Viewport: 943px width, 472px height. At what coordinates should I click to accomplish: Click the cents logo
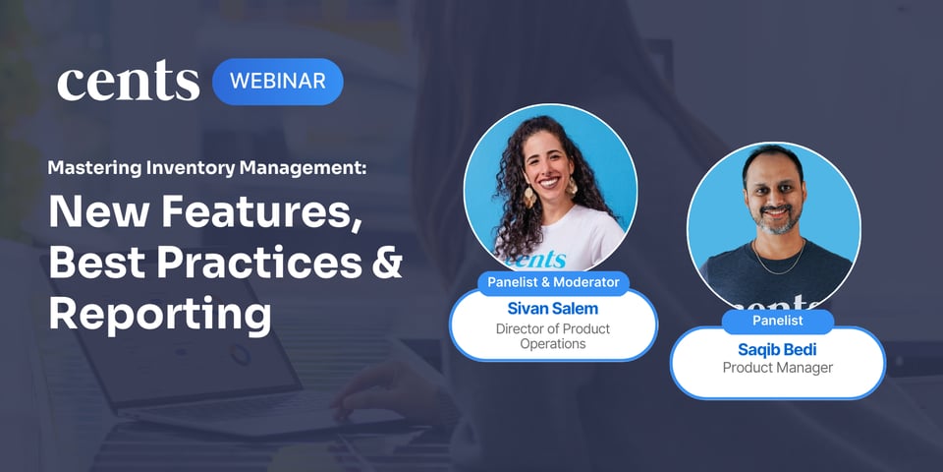[128, 83]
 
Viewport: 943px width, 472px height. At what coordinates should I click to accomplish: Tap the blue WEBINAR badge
[278, 82]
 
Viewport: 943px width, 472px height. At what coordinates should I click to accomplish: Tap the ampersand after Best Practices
[386, 263]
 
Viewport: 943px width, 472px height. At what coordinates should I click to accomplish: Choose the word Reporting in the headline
[159, 313]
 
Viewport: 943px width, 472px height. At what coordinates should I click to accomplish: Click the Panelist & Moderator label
[553, 283]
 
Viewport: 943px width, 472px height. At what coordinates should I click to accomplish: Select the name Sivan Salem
[553, 308]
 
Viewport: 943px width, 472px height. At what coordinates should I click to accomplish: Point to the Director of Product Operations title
[553, 336]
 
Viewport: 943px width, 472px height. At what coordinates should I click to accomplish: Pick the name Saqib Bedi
[777, 349]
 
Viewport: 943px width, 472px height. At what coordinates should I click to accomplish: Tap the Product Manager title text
[777, 368]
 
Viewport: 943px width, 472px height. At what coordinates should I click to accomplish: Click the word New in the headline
[88, 212]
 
